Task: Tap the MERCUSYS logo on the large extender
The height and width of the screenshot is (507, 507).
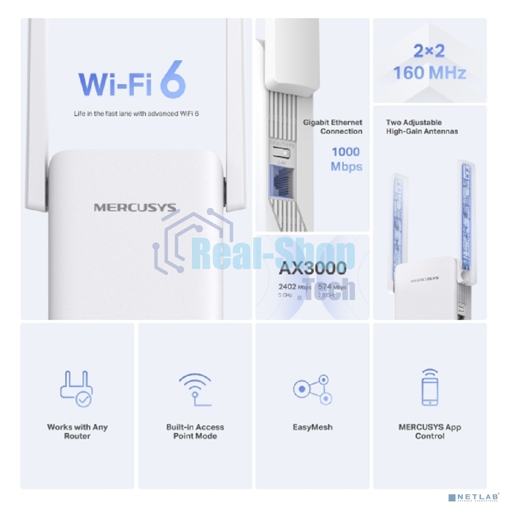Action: [135, 207]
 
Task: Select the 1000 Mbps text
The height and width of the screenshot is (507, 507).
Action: [346, 159]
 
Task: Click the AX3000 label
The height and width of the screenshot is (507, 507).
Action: [312, 268]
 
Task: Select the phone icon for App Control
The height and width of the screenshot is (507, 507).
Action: [429, 387]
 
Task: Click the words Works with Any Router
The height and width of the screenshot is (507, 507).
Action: [77, 431]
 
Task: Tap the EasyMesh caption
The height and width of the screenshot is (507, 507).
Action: [312, 427]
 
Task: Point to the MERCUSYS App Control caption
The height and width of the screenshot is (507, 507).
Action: [429, 431]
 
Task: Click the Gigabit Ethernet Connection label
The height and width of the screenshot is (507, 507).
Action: [333, 127]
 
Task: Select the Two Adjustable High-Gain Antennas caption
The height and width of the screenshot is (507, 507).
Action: [422, 127]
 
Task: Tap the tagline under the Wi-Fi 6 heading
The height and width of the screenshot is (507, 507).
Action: [136, 114]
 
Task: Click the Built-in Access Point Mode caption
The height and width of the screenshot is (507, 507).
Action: [195, 431]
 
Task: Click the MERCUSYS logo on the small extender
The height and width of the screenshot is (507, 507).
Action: [424, 278]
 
